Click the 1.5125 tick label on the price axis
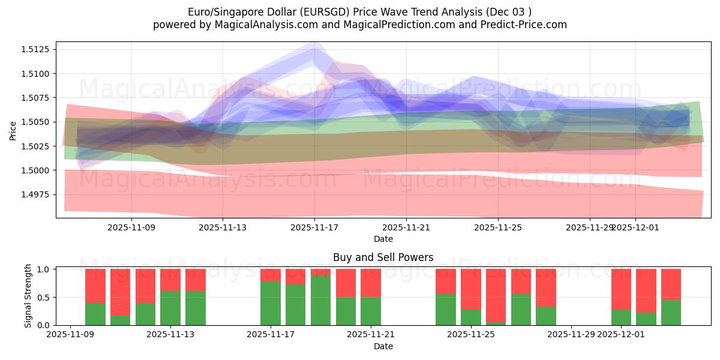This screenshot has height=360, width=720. pyautogui.click(x=37, y=49)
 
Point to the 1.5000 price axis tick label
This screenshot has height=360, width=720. pyautogui.click(x=37, y=170)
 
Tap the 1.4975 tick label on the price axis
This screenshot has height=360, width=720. pyautogui.click(x=37, y=194)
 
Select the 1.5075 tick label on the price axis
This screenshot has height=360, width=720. pyautogui.click(x=37, y=98)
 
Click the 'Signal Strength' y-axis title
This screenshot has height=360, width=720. pyautogui.click(x=28, y=296)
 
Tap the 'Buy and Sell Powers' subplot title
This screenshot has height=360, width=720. pyautogui.click(x=383, y=257)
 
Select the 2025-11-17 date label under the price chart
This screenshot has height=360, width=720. pyautogui.click(x=314, y=227)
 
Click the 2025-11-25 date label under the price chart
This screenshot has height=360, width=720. pyautogui.click(x=498, y=227)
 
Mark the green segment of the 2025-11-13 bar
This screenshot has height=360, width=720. pyautogui.click(x=170, y=308)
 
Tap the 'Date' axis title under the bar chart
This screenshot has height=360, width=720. pyautogui.click(x=383, y=346)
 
